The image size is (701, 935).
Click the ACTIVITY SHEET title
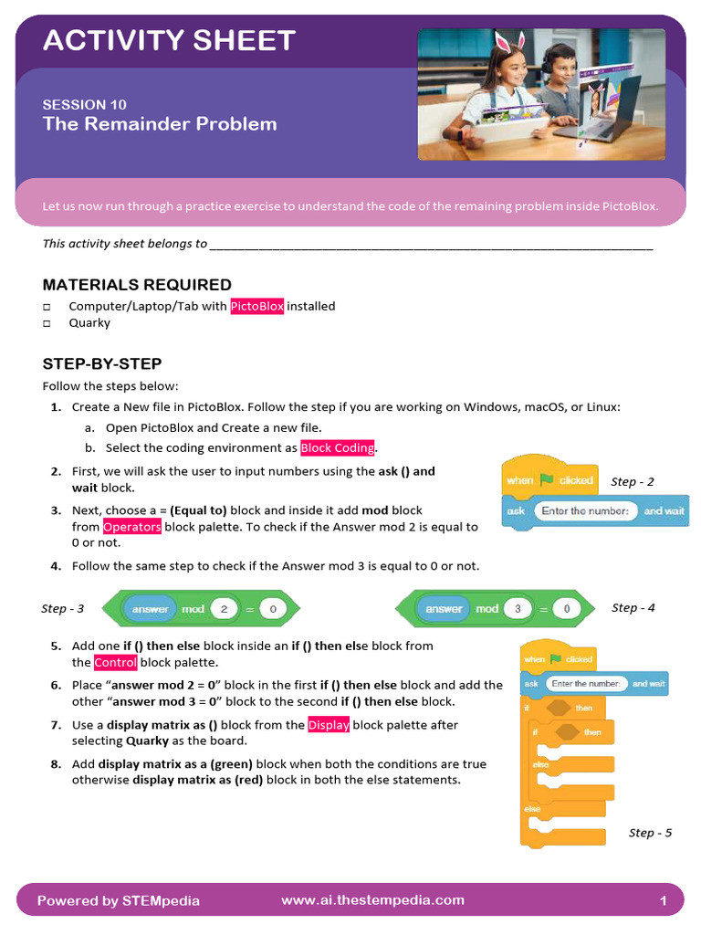coord(169,40)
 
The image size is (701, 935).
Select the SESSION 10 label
coord(85,104)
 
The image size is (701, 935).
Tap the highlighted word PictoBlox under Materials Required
coord(257,307)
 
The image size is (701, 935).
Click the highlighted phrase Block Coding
coord(338,448)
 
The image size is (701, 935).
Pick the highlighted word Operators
coord(132,527)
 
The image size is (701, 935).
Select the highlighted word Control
coord(116,663)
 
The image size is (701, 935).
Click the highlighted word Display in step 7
coord(329,725)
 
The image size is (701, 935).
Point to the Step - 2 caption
coord(632,481)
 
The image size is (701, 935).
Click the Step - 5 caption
coord(650,833)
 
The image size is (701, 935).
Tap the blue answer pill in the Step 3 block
coord(151,609)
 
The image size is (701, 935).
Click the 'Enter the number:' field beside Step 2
coord(584,511)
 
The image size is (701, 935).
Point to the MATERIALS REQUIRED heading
coord(137,285)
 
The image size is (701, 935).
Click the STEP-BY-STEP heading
coord(102,363)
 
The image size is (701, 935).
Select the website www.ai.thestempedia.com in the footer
coord(372,900)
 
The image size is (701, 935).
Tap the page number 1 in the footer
coord(664,901)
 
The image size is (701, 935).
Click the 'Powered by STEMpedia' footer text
coord(119,901)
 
